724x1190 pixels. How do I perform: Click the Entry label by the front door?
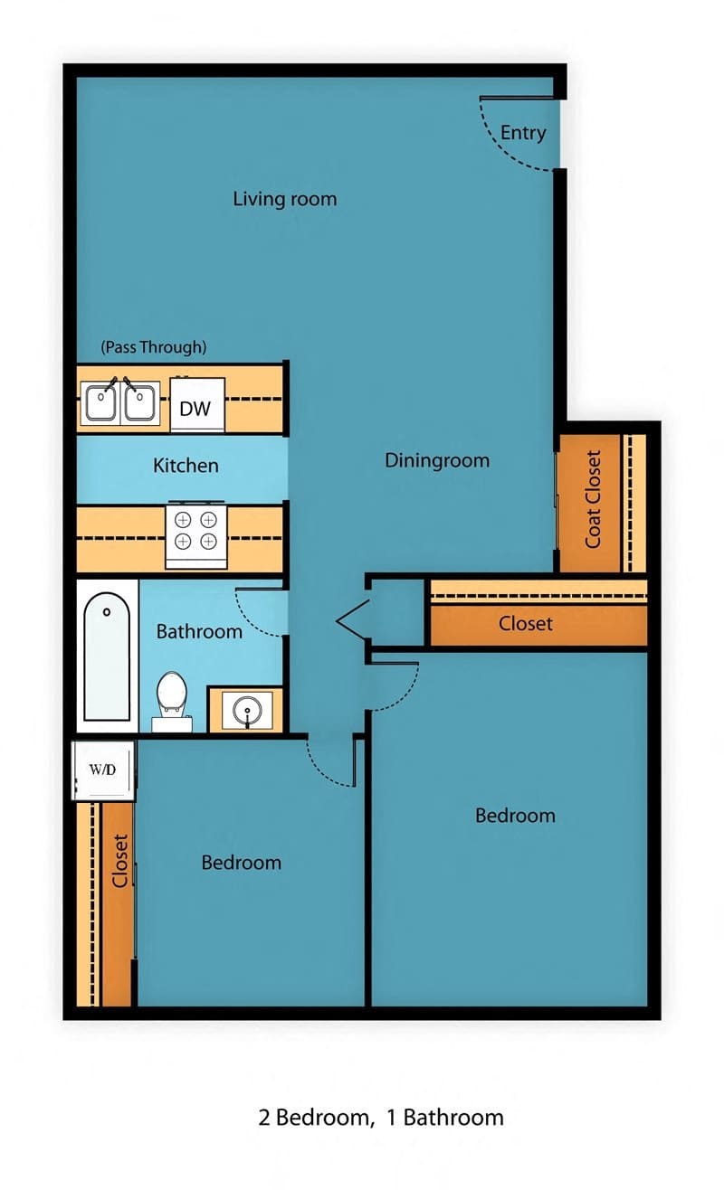(x=523, y=133)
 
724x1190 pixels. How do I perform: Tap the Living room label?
(x=284, y=199)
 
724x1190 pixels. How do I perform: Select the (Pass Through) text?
(x=154, y=346)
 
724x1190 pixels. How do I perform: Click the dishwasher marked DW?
(x=195, y=408)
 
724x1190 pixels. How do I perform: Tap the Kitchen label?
(x=186, y=466)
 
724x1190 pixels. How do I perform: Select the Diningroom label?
(x=437, y=460)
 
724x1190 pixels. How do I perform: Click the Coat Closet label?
(x=594, y=499)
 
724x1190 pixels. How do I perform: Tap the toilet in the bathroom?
(x=171, y=702)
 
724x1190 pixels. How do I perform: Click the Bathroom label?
(x=199, y=631)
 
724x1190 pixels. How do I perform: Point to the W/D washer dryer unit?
(x=104, y=770)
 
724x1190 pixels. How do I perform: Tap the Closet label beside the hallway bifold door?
(x=526, y=624)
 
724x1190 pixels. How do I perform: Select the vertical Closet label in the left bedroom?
(x=119, y=861)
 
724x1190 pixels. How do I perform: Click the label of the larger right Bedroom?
(x=515, y=816)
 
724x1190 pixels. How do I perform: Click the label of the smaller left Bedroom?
(x=241, y=863)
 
